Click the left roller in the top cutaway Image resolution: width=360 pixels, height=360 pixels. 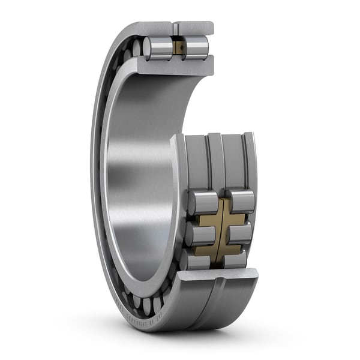tap(158, 48)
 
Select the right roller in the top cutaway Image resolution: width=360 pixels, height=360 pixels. tap(196, 47)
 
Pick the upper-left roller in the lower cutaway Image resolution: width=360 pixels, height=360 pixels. tap(202, 203)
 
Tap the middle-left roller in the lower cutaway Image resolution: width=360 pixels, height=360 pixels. tap(200, 235)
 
